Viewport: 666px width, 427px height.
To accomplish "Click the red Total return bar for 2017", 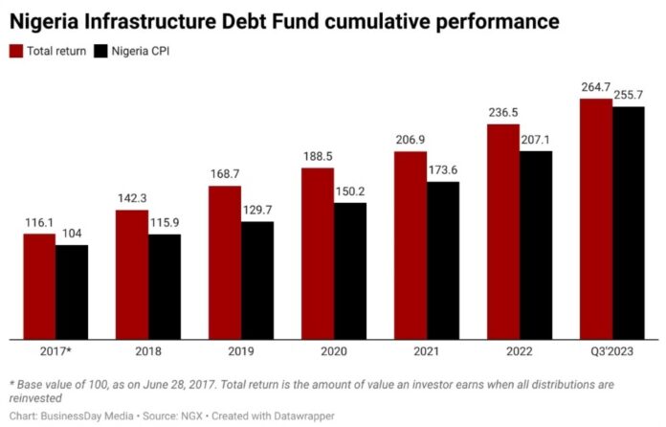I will pyautogui.click(x=39, y=286).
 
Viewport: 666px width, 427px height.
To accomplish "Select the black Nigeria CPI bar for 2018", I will pyautogui.click(x=165, y=286).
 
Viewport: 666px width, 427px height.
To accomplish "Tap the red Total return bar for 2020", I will pyautogui.click(x=318, y=254).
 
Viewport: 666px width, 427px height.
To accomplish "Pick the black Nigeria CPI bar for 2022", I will pyautogui.click(x=536, y=245).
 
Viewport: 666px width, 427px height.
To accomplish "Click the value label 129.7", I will pyautogui.click(x=257, y=212).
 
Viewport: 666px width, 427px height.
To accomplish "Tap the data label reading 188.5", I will pyautogui.click(x=318, y=157).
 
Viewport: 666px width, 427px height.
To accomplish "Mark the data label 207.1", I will pyautogui.click(x=536, y=140).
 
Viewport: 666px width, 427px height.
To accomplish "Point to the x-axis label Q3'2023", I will pyautogui.click(x=612, y=353).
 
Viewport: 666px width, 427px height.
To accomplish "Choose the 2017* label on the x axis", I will pyautogui.click(x=55, y=353).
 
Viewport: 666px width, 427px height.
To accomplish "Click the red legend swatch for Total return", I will pyautogui.click(x=16, y=52).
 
